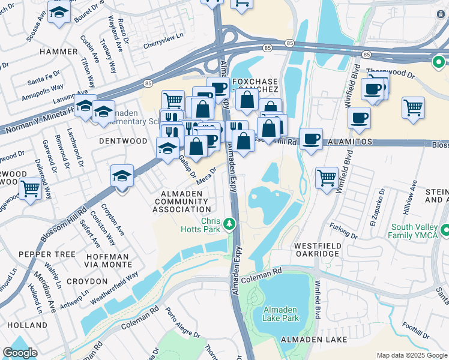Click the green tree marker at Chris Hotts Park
[229, 224]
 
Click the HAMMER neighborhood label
[59, 52]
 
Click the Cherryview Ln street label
[162, 45]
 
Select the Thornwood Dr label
[398, 75]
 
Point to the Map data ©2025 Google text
[411, 355]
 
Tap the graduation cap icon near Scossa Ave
[59, 13]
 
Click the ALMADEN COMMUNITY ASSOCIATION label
[181, 201]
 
